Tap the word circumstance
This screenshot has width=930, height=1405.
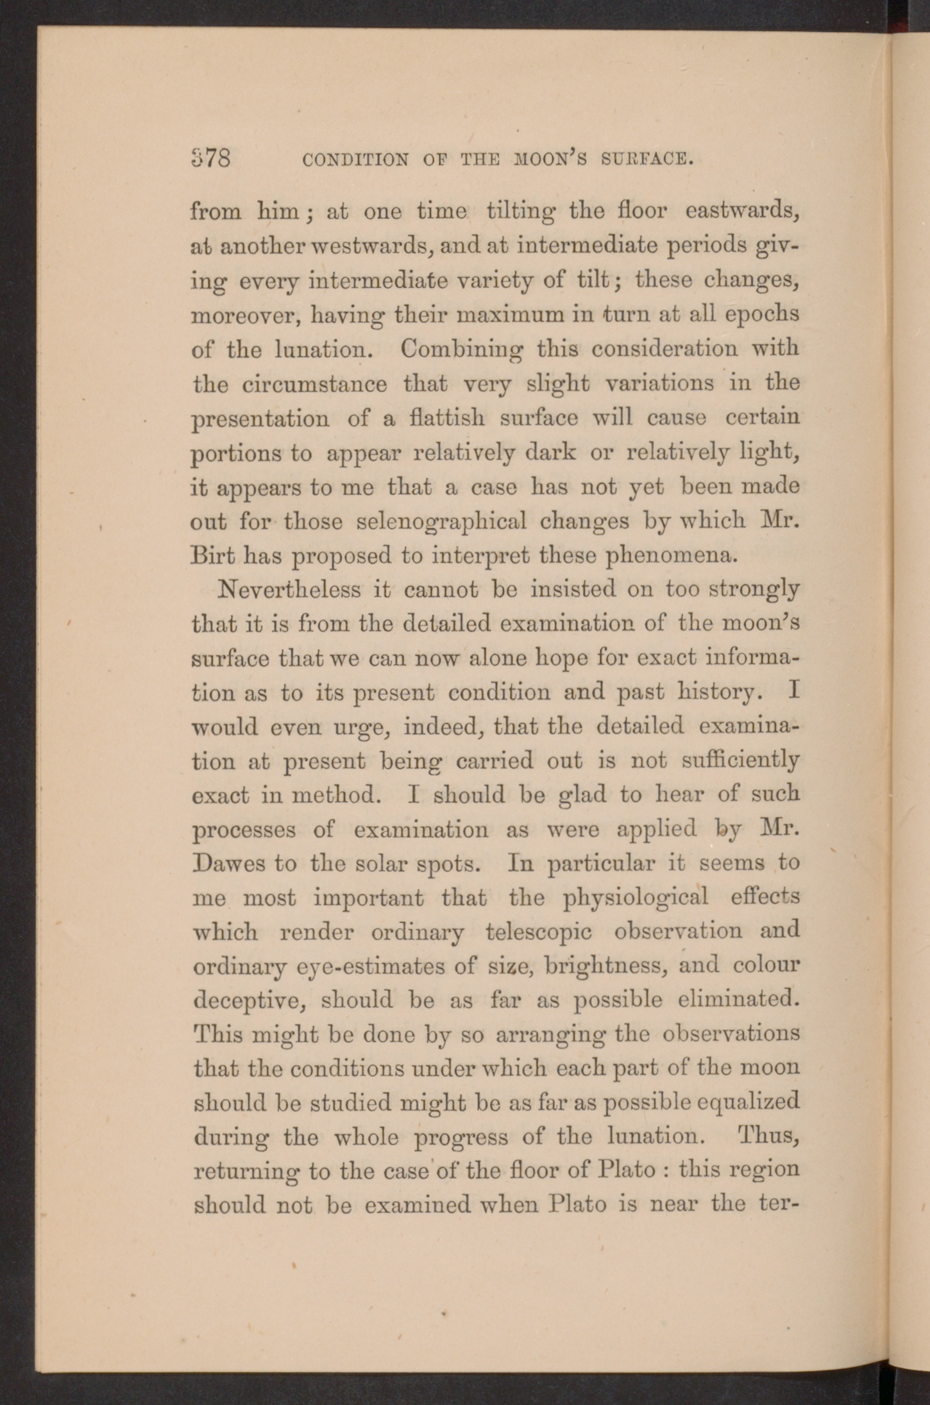pyautogui.click(x=314, y=385)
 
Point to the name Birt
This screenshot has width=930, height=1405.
pyautogui.click(x=213, y=555)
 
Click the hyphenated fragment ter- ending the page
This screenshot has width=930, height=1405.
pyautogui.click(x=777, y=1205)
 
